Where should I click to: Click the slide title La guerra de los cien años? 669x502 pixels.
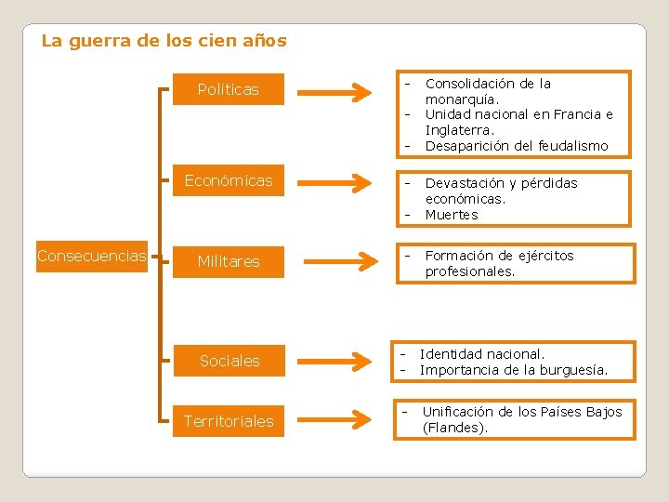164,41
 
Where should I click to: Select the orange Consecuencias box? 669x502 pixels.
92,256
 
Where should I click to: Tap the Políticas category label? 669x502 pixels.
229,90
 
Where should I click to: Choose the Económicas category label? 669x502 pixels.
229,180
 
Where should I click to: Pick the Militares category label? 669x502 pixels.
229,261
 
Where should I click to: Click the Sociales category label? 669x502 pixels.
230,361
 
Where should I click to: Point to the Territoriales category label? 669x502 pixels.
229,421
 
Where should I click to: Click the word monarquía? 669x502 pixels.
462,99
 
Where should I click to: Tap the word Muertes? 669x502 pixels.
452,215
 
